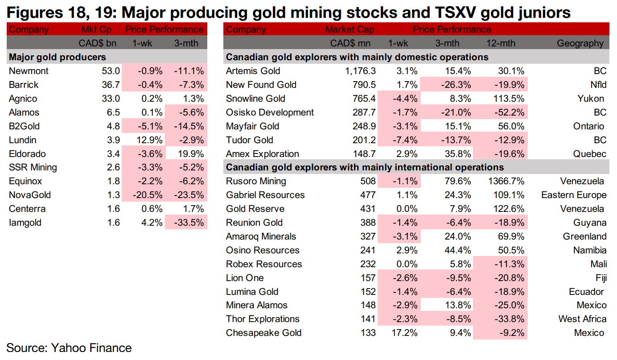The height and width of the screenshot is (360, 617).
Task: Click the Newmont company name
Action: [29, 71]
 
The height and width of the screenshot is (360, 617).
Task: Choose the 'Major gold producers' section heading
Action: [58, 57]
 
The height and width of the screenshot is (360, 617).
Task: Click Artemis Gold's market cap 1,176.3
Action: [357, 71]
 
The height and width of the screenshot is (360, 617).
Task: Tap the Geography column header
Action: [580, 43]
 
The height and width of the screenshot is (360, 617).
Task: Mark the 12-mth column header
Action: [501, 43]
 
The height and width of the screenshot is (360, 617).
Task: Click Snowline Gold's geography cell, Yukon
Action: [591, 99]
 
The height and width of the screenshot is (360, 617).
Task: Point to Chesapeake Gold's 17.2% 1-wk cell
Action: [405, 333]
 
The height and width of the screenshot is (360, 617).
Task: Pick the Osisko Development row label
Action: [270, 112]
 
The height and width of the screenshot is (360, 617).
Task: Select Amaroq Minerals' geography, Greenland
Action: [584, 236]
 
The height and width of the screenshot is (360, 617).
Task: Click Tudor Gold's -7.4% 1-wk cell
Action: [405, 140]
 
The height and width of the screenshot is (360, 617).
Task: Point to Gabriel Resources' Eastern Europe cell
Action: [574, 195]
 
